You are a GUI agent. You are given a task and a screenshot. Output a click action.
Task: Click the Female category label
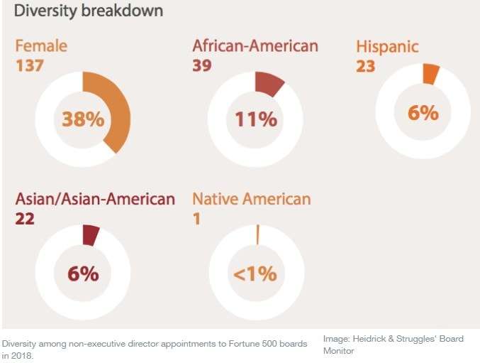coord(41,47)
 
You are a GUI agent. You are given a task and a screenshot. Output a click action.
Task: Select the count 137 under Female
coord(29,65)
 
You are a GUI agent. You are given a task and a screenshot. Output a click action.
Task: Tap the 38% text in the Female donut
coord(82,119)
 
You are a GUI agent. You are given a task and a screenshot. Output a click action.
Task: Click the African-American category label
coord(255,47)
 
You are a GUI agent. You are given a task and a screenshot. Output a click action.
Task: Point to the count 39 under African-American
coord(202,65)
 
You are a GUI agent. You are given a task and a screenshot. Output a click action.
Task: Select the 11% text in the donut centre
coord(255,119)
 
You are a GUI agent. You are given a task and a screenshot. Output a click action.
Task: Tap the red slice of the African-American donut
coord(269,83)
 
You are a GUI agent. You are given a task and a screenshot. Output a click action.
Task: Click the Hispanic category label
coord(387,47)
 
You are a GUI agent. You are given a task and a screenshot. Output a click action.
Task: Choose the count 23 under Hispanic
coord(366,65)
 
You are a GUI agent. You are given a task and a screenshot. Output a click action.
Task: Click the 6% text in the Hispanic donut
coord(423,112)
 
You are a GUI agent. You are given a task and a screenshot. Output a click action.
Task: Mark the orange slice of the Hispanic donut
coord(430,74)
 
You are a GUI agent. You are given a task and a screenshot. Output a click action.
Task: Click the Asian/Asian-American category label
coord(95,199)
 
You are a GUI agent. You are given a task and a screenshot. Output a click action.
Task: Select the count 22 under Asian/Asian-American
coord(25,218)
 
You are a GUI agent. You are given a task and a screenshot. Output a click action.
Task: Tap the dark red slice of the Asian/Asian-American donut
coord(91,235)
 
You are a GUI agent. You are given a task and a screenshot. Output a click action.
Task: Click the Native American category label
coord(252,199)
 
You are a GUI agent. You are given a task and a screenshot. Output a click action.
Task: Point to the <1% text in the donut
coord(255,273)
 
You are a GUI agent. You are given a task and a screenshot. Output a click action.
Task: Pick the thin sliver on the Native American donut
coord(257,235)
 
